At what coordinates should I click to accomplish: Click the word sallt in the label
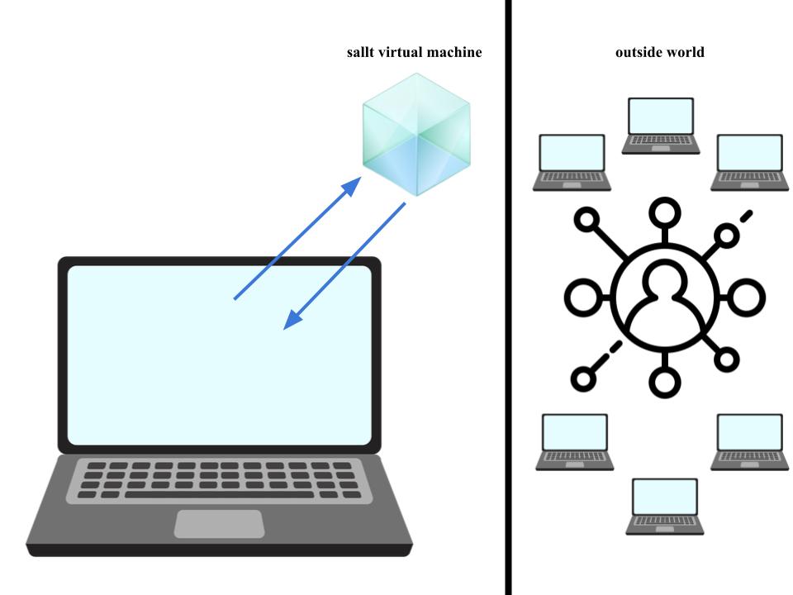[362, 52]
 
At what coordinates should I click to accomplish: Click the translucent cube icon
[416, 135]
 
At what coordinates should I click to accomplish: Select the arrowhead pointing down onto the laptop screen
[292, 321]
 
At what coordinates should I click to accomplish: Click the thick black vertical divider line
[508, 297]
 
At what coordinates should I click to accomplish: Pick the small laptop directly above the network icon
[661, 125]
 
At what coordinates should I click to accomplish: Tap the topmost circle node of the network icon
[665, 213]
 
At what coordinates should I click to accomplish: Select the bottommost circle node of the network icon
[665, 381]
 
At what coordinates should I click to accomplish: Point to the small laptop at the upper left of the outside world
[572, 162]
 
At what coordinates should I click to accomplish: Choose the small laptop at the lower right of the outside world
[748, 441]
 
